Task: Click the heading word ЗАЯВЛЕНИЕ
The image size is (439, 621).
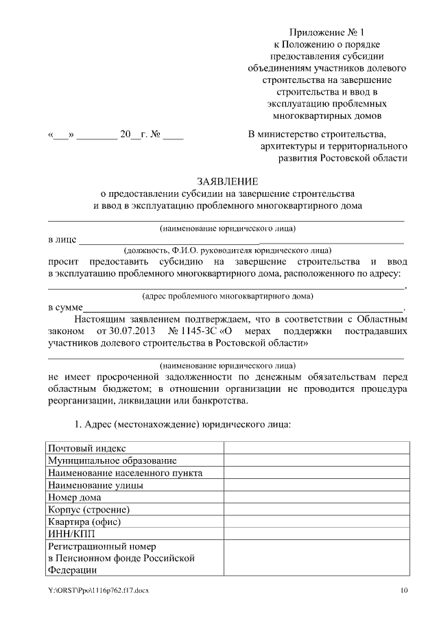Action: coord(227,181)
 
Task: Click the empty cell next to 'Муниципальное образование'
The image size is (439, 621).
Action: coord(316,460)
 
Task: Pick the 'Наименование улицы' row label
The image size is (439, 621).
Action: coord(95,485)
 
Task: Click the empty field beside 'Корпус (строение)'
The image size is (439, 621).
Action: coord(316,510)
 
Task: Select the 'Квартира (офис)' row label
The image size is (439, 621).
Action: coord(84,522)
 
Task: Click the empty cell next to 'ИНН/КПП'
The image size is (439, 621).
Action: coord(316,535)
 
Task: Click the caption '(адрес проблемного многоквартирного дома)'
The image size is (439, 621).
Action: coord(227,296)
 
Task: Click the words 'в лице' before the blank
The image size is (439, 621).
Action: coord(62,239)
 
